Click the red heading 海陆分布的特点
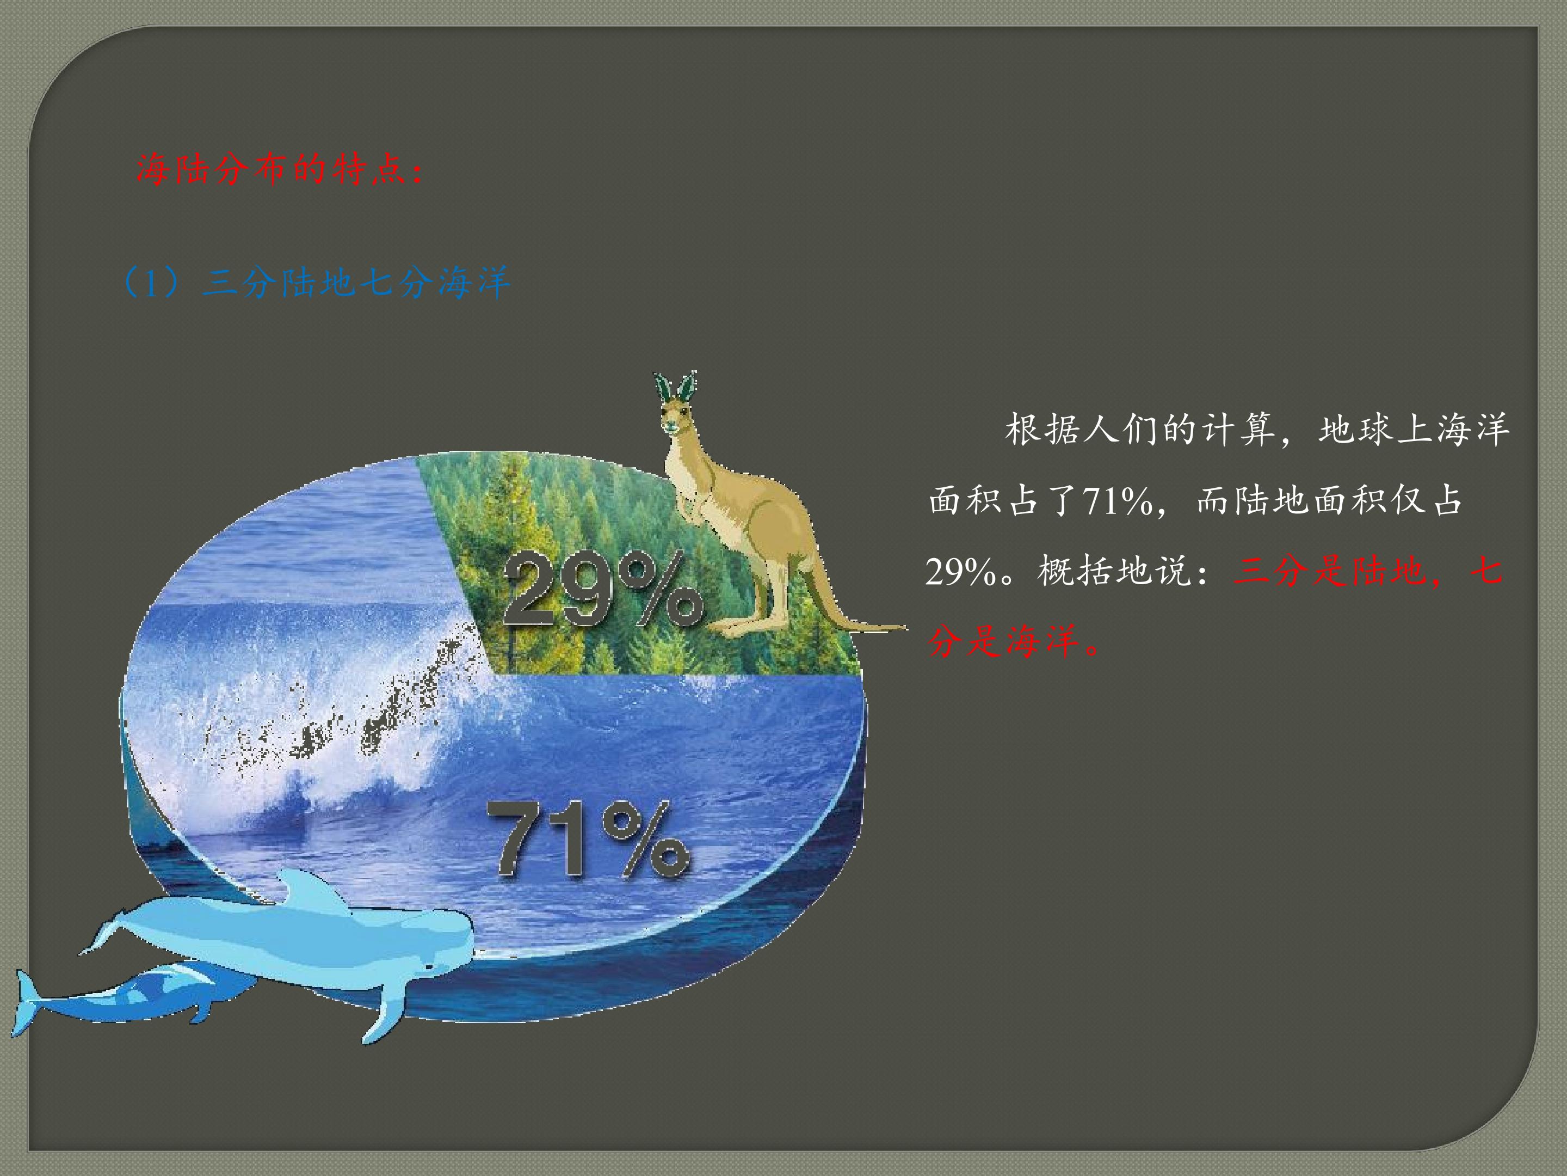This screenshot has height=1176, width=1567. tap(280, 170)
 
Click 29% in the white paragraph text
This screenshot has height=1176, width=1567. tap(960, 571)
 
